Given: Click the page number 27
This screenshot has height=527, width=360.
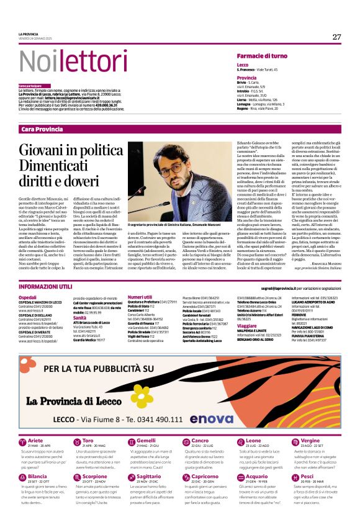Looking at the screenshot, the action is click(x=336, y=37).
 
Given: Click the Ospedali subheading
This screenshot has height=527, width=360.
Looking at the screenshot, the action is click(x=28, y=298).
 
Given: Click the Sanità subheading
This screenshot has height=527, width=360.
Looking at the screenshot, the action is click(x=80, y=317).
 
